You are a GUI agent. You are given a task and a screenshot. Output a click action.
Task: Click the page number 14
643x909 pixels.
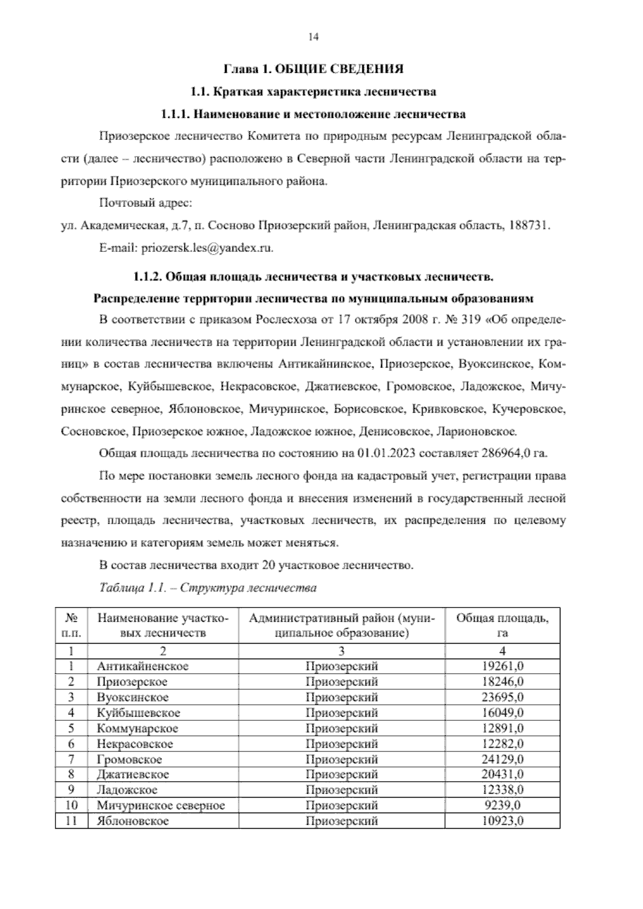coord(313,37)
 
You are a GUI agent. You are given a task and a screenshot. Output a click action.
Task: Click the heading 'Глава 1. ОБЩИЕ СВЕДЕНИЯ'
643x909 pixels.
coord(313,69)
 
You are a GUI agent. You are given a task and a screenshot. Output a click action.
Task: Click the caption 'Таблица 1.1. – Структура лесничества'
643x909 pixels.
coord(208,588)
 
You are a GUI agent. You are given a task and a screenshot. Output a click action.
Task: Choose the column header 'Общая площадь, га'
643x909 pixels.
coord(502,625)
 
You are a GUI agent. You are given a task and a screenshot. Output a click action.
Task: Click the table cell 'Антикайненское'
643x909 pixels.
coord(143,666)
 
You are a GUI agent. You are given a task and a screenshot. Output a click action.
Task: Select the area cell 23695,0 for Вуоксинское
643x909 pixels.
coord(503,697)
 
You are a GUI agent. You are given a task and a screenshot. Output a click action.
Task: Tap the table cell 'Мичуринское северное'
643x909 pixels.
coord(161,805)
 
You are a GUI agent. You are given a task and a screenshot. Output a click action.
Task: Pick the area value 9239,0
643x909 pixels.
coord(503,805)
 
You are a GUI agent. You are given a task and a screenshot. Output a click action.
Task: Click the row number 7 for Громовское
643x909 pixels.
coord(71,759)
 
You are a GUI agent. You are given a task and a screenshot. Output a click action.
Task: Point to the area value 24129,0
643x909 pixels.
coord(503,759)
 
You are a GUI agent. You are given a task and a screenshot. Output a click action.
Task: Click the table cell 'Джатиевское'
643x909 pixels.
coord(133,774)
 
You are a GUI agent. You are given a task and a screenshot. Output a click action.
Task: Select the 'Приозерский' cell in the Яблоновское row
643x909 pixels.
coord(341,821)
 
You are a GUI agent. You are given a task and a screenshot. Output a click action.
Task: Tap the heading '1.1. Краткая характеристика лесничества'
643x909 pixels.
coord(313,92)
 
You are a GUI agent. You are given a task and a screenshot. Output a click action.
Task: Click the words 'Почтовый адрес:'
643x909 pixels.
coord(145,204)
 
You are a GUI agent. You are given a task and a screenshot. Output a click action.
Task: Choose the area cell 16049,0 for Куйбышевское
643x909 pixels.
coord(503,713)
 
